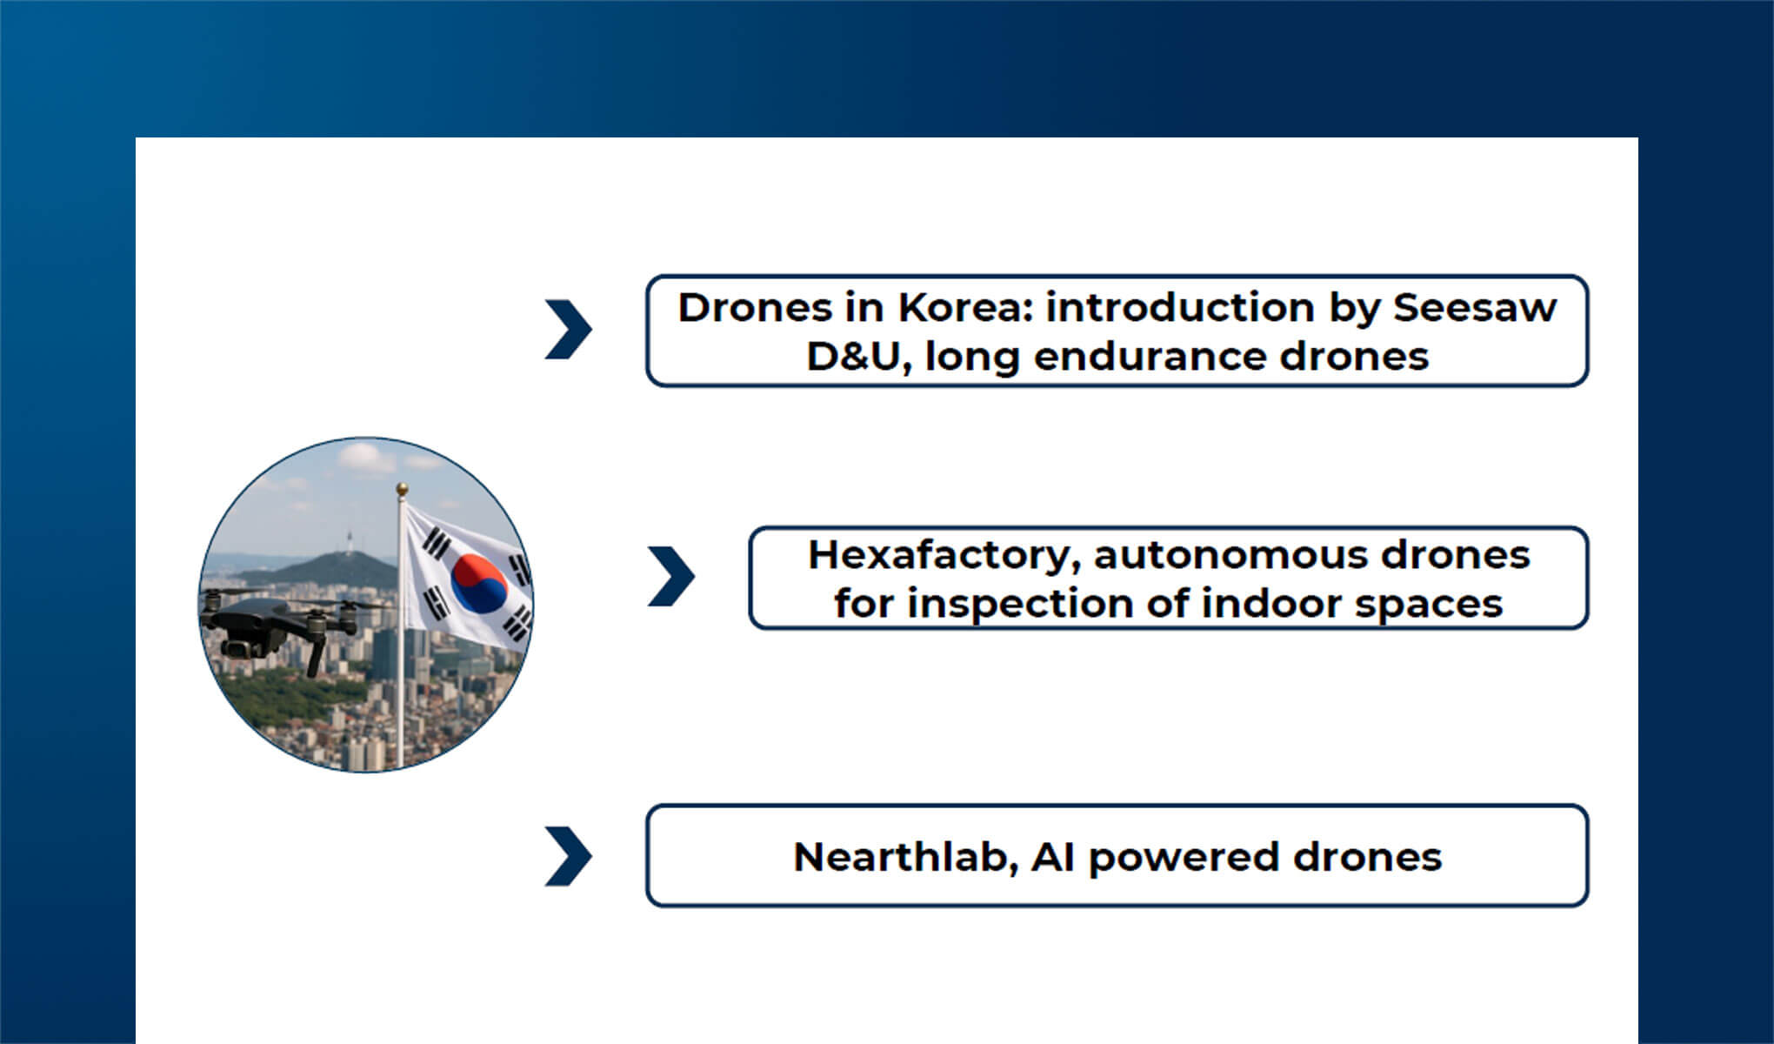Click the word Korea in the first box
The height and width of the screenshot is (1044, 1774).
pyautogui.click(x=964, y=308)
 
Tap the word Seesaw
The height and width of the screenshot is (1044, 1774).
pyautogui.click(x=1474, y=308)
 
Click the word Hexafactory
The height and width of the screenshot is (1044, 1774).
pyautogui.click(x=944, y=555)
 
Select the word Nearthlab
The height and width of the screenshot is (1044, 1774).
pyautogui.click(x=904, y=857)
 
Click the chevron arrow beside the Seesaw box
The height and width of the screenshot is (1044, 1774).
pyautogui.click(x=569, y=330)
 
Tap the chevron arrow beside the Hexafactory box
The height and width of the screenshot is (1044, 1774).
pyautogui.click(x=671, y=577)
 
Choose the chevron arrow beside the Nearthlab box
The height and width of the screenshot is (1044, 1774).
pyautogui.click(x=569, y=857)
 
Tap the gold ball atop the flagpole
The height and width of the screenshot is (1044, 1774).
pyautogui.click(x=402, y=489)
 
